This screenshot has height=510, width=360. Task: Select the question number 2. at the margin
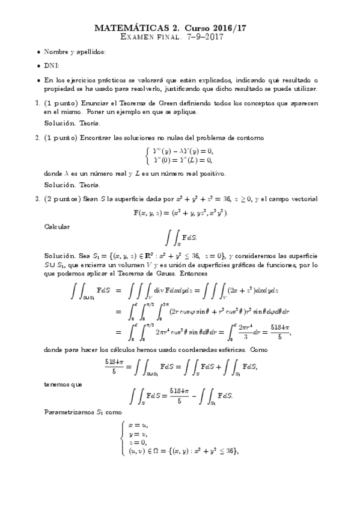[37, 138]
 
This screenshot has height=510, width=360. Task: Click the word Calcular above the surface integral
[57, 227]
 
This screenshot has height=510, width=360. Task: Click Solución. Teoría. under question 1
[69, 123]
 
